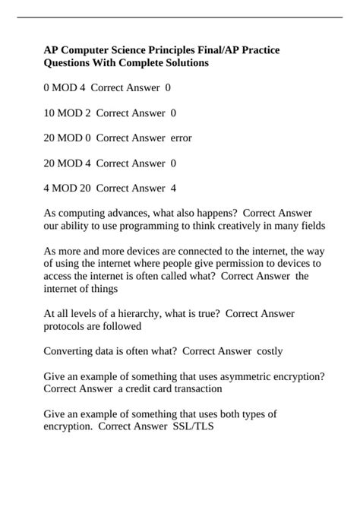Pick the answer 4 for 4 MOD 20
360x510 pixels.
tap(173, 187)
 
